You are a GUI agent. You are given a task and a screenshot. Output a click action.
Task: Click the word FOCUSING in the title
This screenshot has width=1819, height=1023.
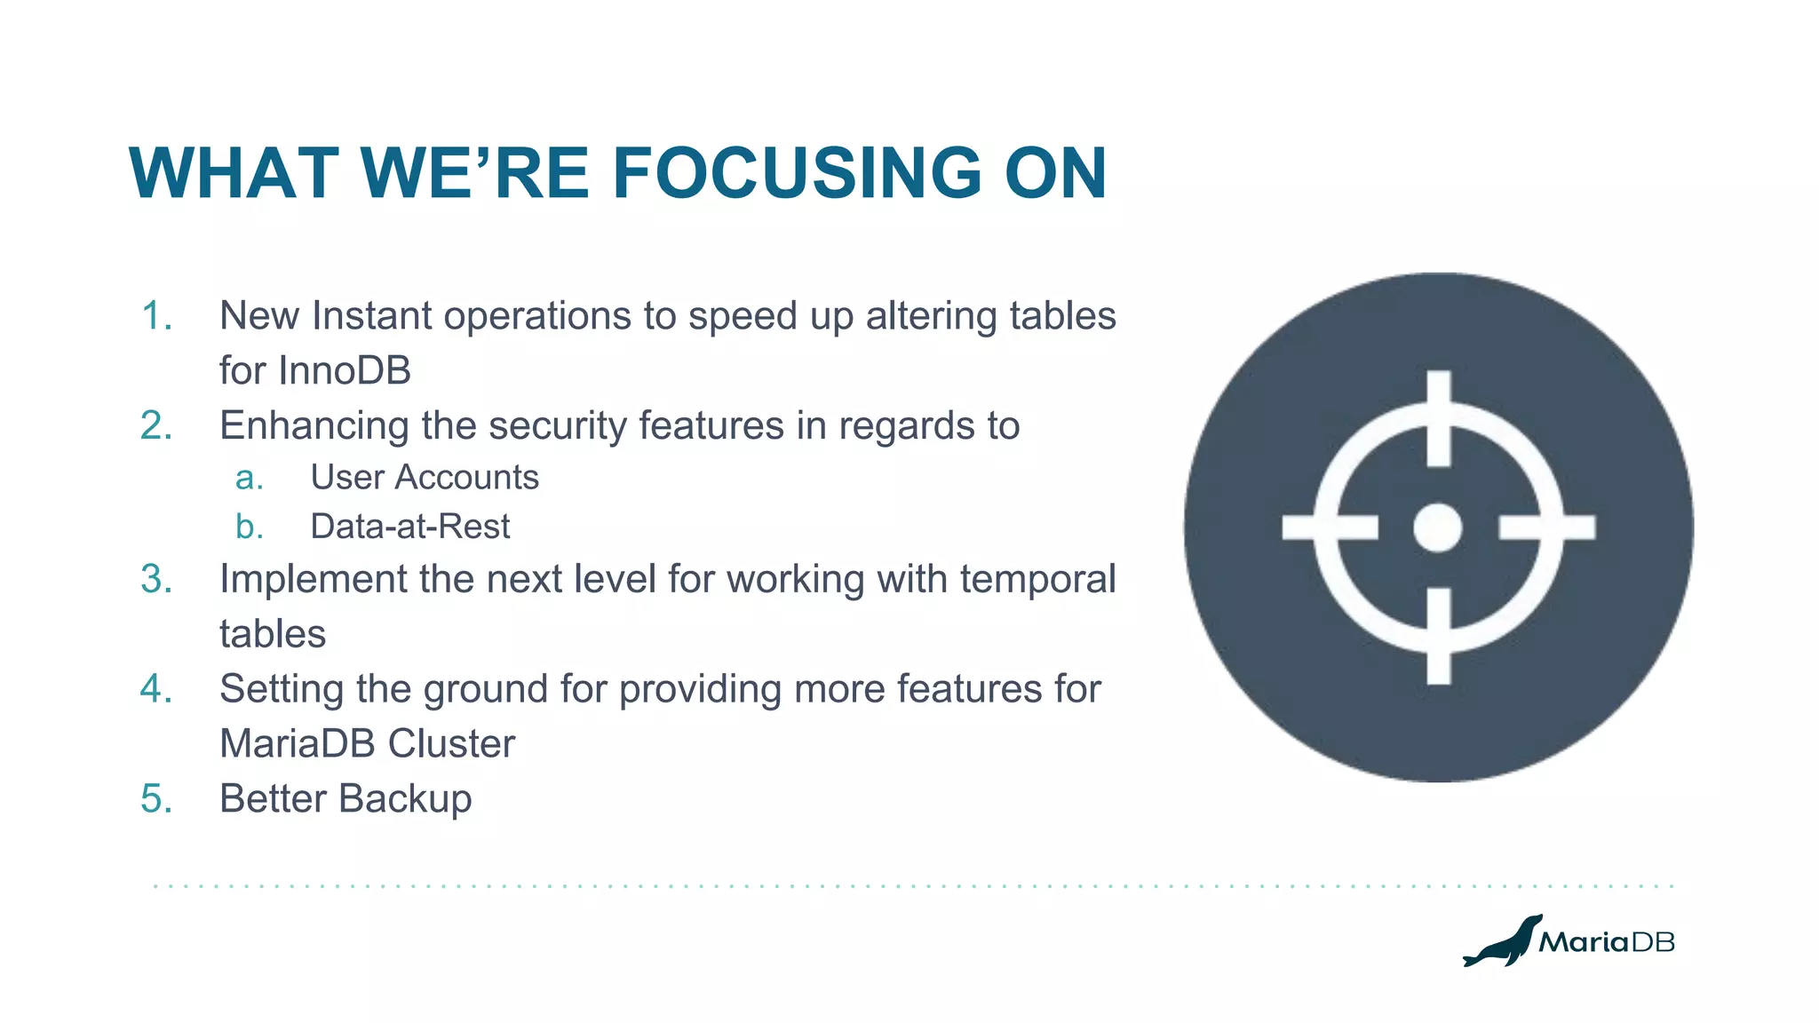(797, 173)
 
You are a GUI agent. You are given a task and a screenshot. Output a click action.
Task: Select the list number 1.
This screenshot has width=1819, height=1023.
(156, 316)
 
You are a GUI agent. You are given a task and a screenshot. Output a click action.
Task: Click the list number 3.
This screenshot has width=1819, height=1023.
(156, 579)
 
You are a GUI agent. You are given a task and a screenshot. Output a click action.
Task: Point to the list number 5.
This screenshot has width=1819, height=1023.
(156, 798)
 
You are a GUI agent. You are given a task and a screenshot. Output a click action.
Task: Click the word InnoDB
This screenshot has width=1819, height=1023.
(344, 370)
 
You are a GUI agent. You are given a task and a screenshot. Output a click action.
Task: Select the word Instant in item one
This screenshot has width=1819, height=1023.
(372, 316)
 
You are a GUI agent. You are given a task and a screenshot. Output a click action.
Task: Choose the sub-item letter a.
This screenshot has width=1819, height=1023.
(249, 478)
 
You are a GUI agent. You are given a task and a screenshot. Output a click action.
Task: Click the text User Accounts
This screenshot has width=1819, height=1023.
(425, 478)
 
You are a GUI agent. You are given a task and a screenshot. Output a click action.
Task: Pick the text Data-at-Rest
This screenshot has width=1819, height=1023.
(409, 527)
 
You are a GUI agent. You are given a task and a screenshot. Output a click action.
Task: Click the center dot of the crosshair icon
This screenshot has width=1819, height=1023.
(1438, 527)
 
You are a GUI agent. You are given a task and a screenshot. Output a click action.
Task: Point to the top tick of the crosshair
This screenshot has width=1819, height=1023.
(1439, 417)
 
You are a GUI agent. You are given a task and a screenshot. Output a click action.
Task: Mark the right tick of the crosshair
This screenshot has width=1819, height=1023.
(1547, 527)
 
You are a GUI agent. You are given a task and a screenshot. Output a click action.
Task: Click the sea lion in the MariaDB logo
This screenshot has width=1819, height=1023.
(1503, 942)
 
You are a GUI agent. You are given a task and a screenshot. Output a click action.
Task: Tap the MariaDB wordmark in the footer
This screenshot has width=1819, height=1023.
(1607, 942)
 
